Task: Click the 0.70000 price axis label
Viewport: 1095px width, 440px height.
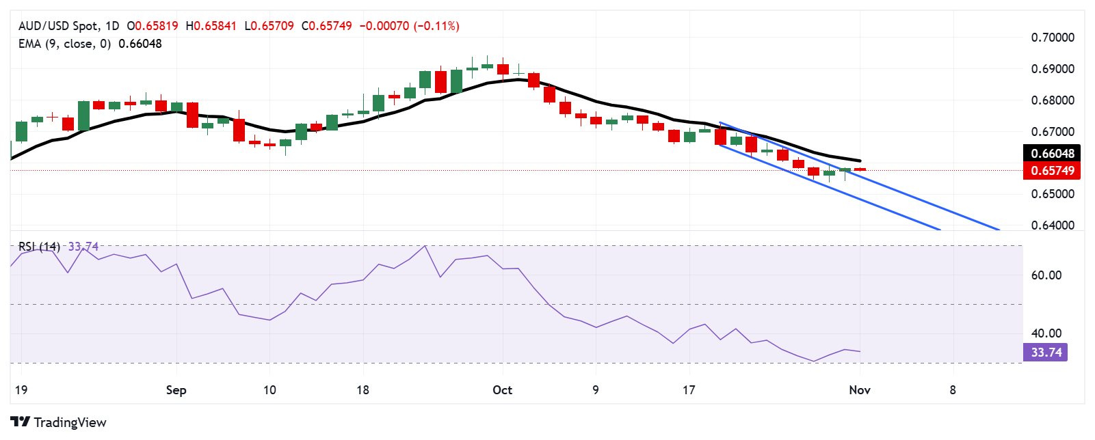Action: coord(1053,38)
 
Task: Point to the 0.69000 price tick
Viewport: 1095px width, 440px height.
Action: coord(1053,69)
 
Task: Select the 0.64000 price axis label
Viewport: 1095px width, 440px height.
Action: coord(1053,225)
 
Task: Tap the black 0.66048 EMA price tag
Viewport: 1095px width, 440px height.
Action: coord(1052,154)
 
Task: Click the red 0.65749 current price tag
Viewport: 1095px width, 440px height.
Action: coord(1052,171)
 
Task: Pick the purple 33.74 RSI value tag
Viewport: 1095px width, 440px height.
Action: coord(1046,353)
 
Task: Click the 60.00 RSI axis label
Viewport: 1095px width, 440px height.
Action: coord(1046,275)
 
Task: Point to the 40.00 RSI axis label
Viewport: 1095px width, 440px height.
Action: coord(1046,333)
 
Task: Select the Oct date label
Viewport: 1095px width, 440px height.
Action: coord(502,390)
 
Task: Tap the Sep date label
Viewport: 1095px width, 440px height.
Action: coord(176,390)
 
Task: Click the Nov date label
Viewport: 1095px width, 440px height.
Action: coord(859,390)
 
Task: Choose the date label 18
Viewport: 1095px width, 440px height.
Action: coord(362,390)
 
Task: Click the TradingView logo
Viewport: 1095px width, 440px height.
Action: coord(59,422)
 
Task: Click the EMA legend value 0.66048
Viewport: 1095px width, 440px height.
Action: coord(140,44)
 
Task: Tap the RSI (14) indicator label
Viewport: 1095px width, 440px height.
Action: coord(39,247)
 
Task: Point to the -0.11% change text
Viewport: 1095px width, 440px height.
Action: coord(438,26)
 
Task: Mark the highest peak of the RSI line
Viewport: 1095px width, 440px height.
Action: coord(425,246)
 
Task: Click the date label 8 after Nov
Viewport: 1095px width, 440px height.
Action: coord(952,390)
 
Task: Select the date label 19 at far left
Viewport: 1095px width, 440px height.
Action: coord(21,390)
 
